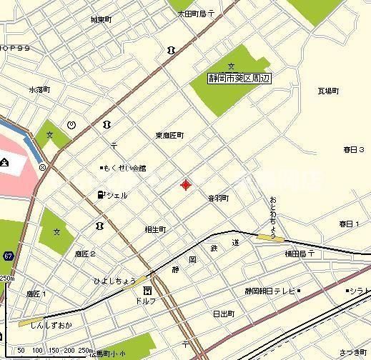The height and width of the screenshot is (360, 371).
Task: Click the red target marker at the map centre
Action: click(x=186, y=185)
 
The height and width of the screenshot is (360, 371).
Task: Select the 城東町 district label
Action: click(x=102, y=20)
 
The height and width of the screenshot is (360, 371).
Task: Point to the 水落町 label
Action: click(x=39, y=90)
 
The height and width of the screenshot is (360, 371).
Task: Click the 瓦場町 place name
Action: click(x=328, y=91)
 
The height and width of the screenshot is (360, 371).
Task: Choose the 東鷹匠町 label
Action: click(x=169, y=135)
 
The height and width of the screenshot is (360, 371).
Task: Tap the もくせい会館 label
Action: click(x=125, y=168)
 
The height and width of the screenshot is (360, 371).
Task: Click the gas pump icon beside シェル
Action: click(x=101, y=194)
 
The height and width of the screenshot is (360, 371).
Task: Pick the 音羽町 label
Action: click(x=218, y=198)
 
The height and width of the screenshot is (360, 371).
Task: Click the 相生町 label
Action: click(x=155, y=230)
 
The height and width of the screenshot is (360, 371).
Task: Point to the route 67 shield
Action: click(x=8, y=255)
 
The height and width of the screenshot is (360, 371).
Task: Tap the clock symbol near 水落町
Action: click(x=71, y=124)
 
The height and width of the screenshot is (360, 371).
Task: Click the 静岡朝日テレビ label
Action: click(x=269, y=291)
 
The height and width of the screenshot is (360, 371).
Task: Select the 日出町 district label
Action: click(x=224, y=314)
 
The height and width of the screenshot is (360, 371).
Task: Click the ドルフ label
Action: click(x=146, y=301)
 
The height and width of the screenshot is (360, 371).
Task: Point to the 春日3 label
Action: click(x=354, y=150)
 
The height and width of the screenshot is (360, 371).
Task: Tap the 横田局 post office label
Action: click(x=299, y=253)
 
